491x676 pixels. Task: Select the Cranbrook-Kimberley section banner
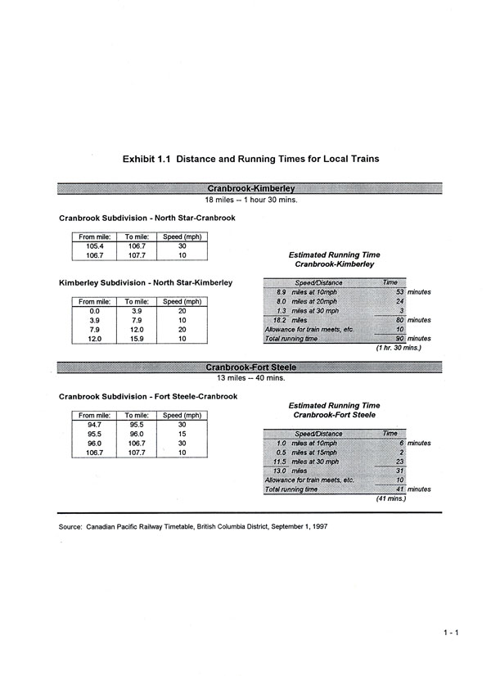(x=250, y=188)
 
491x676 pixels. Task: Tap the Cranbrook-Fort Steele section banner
(x=250, y=367)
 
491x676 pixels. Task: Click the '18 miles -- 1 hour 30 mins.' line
(x=250, y=199)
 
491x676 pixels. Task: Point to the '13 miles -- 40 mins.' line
(x=250, y=378)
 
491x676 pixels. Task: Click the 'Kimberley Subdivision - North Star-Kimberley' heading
(x=146, y=283)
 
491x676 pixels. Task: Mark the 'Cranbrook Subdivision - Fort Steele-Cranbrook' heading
(x=148, y=397)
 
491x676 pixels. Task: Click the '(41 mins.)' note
(x=388, y=498)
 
